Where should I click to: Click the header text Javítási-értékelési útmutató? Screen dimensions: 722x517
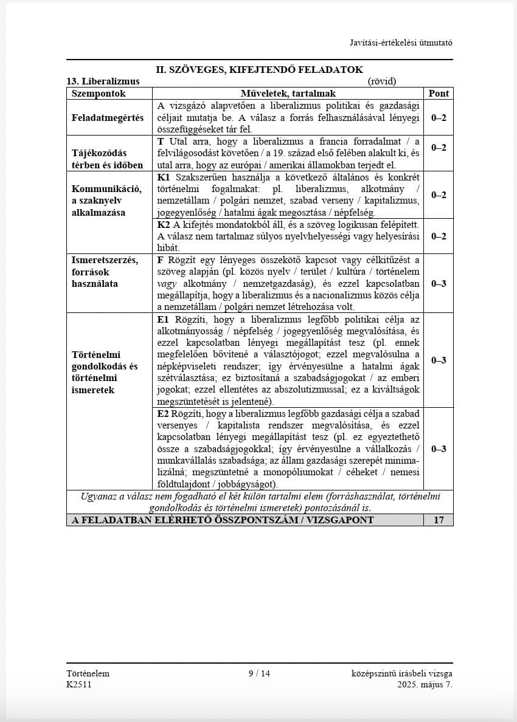[401, 43]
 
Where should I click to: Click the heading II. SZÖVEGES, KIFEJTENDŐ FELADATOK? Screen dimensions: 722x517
[259, 70]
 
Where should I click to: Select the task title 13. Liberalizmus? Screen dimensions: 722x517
[103, 81]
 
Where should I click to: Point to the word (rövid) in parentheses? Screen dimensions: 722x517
[382, 81]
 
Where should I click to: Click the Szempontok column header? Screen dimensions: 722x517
[99, 93]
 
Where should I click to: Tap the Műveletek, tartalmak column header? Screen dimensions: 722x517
[288, 93]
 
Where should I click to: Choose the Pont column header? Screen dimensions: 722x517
[439, 93]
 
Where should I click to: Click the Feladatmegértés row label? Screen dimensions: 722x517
[108, 117]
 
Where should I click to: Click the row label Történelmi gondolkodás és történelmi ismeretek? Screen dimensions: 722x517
[105, 372]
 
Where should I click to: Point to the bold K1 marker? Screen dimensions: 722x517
[164, 177]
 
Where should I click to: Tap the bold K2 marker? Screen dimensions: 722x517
[164, 224]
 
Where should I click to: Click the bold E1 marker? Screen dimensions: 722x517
[163, 319]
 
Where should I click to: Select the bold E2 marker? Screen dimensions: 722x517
[163, 413]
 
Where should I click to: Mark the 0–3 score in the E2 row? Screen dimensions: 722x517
[439, 449]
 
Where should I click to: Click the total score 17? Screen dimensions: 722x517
[439, 520]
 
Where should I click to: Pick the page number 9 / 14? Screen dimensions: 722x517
[259, 673]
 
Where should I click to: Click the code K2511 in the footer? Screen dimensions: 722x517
[80, 684]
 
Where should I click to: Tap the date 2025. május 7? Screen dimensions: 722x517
[425, 684]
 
